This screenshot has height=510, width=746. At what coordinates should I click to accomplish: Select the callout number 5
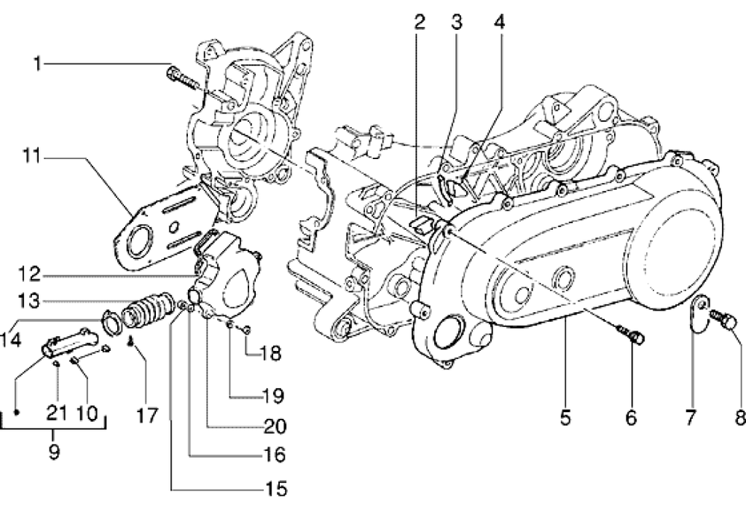tap(565, 416)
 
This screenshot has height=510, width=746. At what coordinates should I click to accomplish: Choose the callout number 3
tap(457, 22)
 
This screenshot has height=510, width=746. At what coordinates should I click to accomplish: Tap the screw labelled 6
tap(633, 335)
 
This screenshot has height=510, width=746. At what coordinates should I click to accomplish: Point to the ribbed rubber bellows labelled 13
tap(142, 312)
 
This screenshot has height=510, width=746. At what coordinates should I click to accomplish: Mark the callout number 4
tap(498, 22)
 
